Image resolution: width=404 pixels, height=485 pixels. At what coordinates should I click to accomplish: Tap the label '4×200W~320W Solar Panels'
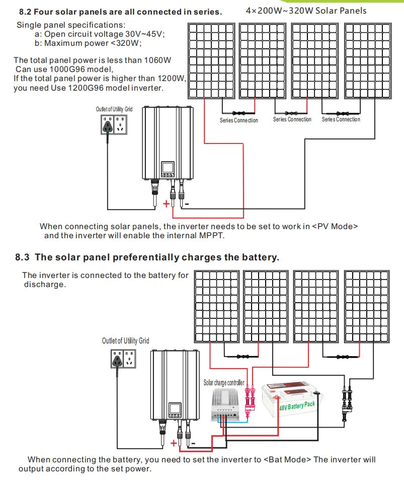306,11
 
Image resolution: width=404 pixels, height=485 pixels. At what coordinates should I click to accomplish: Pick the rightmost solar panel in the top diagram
367,61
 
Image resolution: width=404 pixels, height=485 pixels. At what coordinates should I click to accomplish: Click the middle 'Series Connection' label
292,120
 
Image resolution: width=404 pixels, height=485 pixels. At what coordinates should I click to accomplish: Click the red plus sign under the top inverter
167,204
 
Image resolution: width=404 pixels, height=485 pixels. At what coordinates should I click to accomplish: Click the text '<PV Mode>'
335,227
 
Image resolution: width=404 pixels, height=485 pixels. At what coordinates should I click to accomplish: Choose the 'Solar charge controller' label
224,383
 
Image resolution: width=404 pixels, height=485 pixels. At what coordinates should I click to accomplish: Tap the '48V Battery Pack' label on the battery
297,405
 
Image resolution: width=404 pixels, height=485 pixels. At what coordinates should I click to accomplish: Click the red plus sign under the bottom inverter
174,443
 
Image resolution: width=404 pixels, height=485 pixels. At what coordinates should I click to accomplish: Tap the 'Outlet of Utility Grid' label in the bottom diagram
125,341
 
